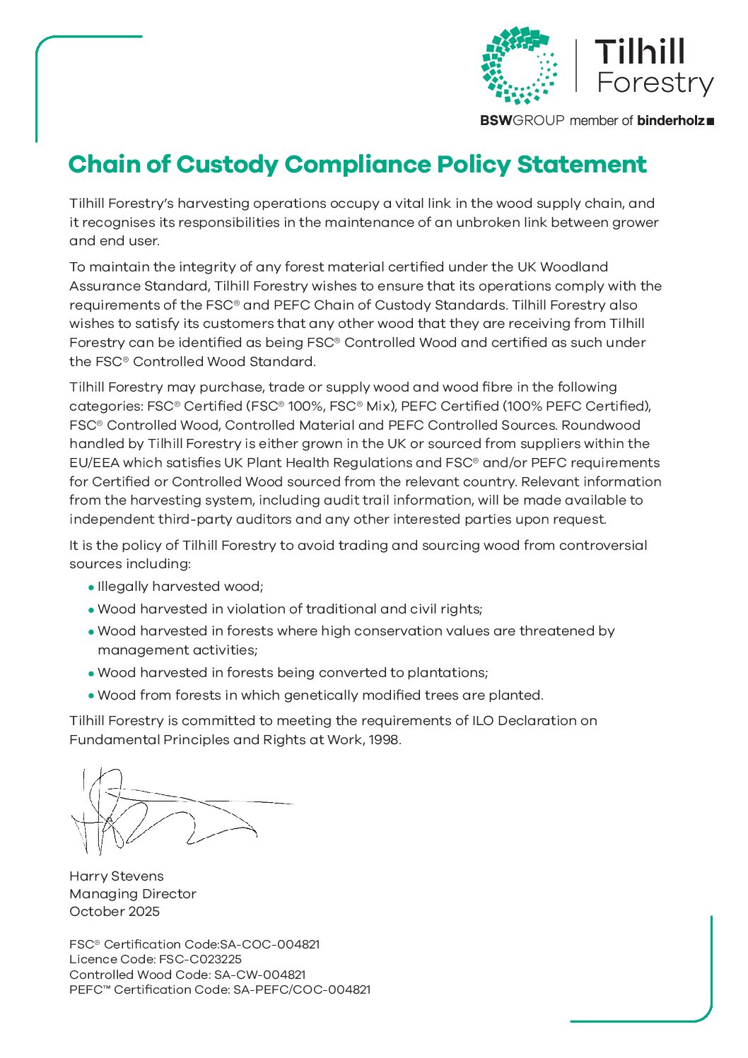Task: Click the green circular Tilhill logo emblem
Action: pyautogui.click(x=519, y=65)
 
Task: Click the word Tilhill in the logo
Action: pyautogui.click(x=640, y=52)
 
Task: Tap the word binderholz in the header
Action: pyautogui.click(x=670, y=121)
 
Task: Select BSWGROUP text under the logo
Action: pyautogui.click(x=522, y=121)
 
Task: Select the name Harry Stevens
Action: pyautogui.click(x=117, y=876)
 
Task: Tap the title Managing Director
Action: pyautogui.click(x=133, y=894)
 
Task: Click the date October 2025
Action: pyautogui.click(x=115, y=912)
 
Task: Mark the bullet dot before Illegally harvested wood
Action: pyautogui.click(x=91, y=587)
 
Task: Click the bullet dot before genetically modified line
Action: pyautogui.click(x=91, y=696)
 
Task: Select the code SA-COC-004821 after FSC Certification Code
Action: pyautogui.click(x=270, y=944)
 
